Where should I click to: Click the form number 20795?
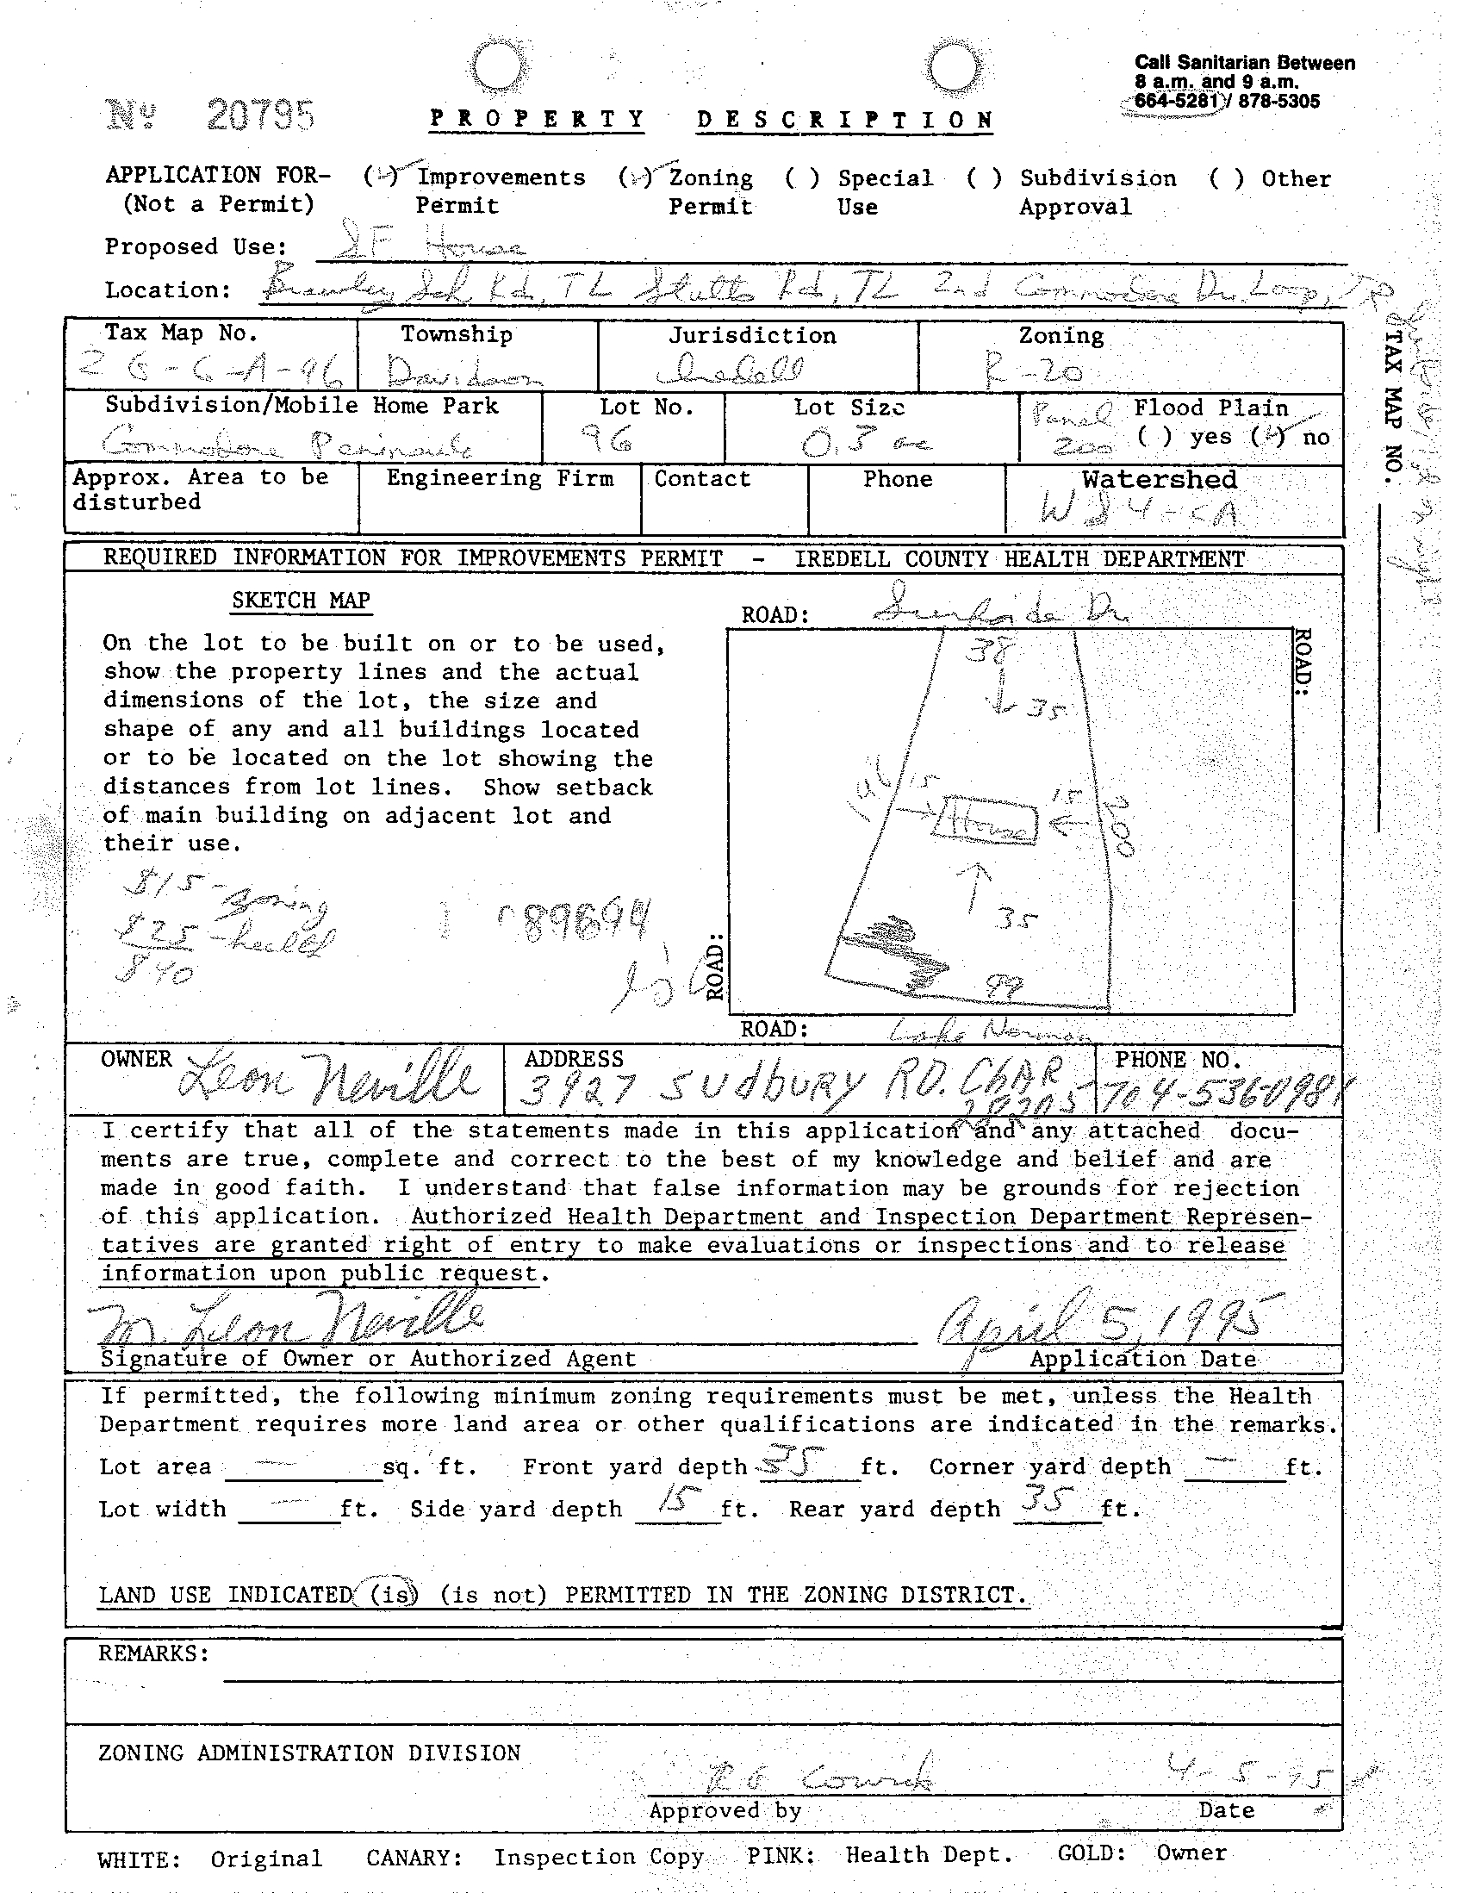pos(260,115)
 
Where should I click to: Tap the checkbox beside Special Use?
pos(801,178)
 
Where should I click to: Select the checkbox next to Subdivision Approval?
pos(984,178)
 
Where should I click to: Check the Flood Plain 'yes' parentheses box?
pos(1154,437)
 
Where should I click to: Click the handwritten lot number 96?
pos(613,442)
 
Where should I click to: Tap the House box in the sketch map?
pos(984,819)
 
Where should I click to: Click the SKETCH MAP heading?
pos(301,601)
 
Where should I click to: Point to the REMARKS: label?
pos(153,1653)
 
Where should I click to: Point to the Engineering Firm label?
pos(499,478)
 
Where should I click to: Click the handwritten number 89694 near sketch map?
pos(576,921)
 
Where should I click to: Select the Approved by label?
pos(725,1809)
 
